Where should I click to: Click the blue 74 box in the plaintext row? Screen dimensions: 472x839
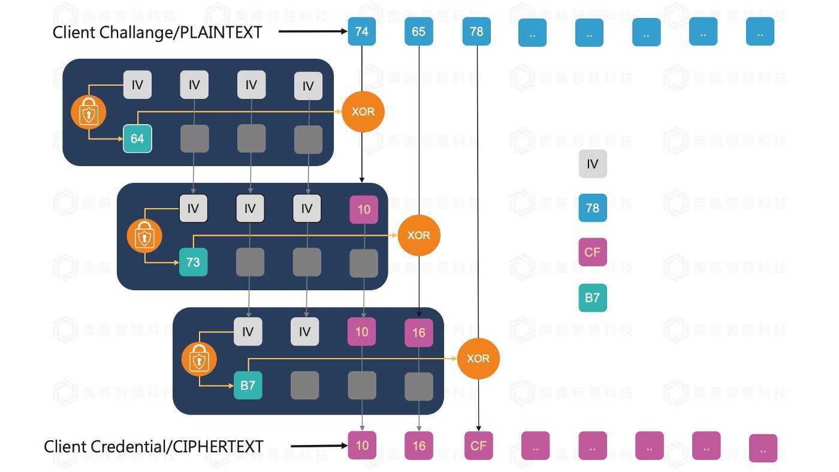pyautogui.click(x=362, y=31)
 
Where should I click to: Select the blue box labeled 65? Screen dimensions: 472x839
pyautogui.click(x=418, y=31)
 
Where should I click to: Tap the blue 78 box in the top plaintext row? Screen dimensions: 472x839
pyautogui.click(x=476, y=31)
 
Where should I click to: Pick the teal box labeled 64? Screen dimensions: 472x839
pyautogui.click(x=137, y=139)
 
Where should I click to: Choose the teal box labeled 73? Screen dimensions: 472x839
pyautogui.click(x=193, y=262)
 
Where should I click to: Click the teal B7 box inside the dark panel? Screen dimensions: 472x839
pyautogui.click(x=248, y=385)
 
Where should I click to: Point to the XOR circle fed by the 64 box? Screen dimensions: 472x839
pyautogui.click(x=363, y=112)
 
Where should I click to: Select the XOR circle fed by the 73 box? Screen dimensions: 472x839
pyautogui.click(x=418, y=235)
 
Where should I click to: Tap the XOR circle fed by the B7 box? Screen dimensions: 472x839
pyautogui.click(x=478, y=358)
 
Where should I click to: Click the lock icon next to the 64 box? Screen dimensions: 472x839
pyautogui.click(x=89, y=112)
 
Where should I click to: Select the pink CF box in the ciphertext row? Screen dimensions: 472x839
pyautogui.click(x=478, y=446)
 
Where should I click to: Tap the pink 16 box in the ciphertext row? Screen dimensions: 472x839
pyautogui.click(x=418, y=446)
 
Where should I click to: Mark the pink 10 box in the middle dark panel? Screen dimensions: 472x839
pyautogui.click(x=364, y=209)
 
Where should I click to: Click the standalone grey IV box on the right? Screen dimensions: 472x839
pyautogui.click(x=592, y=164)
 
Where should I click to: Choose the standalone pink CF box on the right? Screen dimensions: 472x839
pyautogui.click(x=592, y=252)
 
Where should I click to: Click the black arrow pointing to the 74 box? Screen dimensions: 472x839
pyautogui.click(x=312, y=31)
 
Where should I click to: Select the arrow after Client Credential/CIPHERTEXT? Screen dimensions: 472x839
pyautogui.click(x=319, y=446)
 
